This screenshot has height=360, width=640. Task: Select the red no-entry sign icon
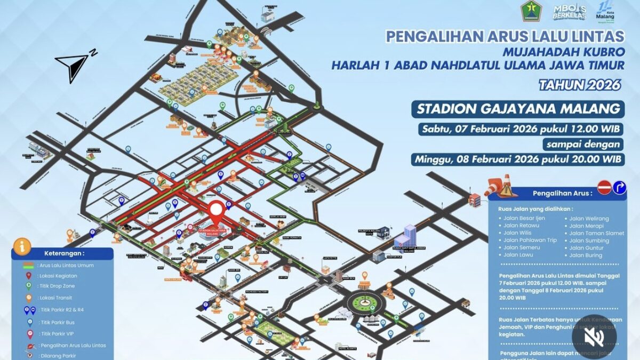click(x=604, y=187)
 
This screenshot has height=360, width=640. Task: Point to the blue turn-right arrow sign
click(x=619, y=187)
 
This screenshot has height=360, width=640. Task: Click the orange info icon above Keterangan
click(x=22, y=246)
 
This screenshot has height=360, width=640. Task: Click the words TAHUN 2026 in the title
click(x=580, y=85)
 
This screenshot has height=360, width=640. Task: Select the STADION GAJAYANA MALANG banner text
click(x=519, y=109)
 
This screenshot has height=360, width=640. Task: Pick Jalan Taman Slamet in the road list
click(x=596, y=233)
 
